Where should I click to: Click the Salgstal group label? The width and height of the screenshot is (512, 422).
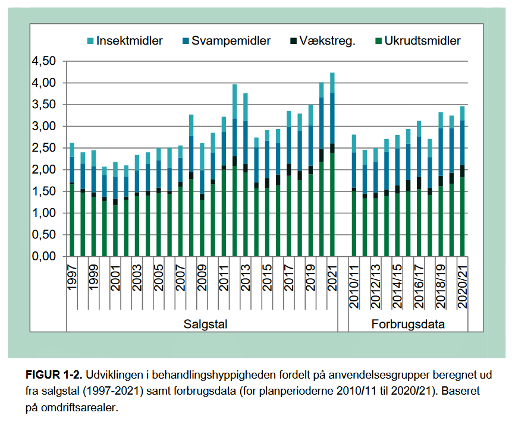[202, 325]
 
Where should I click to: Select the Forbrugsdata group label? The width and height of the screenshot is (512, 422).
[409, 325]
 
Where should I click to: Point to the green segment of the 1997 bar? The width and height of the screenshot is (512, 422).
[72, 220]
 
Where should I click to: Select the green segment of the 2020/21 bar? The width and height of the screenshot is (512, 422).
[463, 217]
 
